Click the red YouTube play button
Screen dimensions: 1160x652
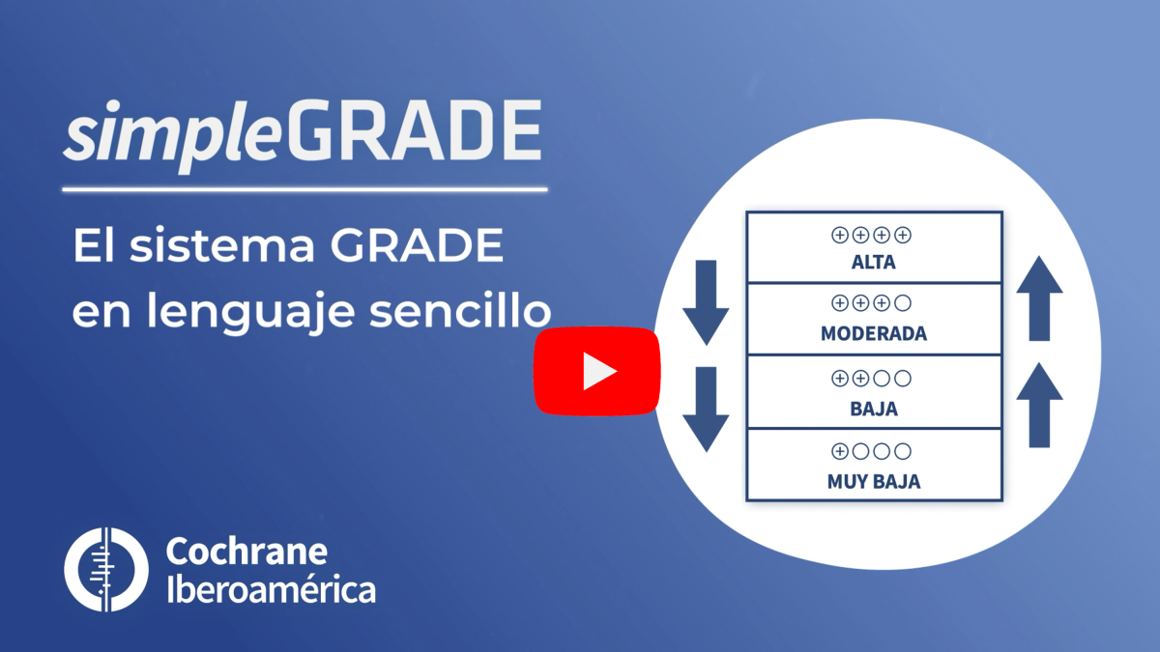coord(597,371)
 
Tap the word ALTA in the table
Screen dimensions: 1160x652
coord(874,263)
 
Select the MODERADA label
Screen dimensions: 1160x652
coord(874,334)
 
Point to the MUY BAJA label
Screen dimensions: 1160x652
coord(874,482)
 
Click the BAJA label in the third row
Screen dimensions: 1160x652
coord(874,409)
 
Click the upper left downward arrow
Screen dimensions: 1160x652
coord(706,302)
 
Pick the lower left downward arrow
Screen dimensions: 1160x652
coord(706,410)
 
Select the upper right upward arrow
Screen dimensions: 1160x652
coord(1039,298)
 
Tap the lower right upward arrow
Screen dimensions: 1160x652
coord(1039,405)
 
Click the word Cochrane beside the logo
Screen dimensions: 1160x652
coord(246,553)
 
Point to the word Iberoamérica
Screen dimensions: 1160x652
coord(271,590)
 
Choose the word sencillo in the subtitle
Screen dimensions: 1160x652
coord(460,311)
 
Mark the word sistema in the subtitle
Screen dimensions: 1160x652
coord(222,245)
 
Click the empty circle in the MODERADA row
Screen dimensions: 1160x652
coord(903,303)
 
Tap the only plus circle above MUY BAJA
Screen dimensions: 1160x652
coord(839,452)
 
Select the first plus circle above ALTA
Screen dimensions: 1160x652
coord(839,236)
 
